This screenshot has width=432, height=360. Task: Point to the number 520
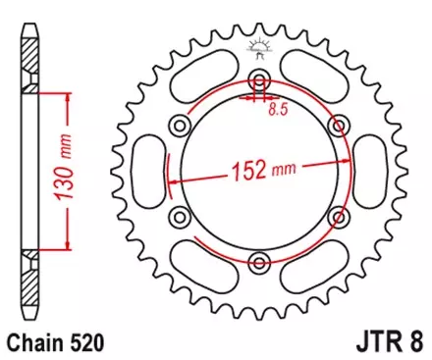(83, 343)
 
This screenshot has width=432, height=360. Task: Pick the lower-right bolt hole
(339, 216)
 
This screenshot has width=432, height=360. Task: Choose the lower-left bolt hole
(180, 216)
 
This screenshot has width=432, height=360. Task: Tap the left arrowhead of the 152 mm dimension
(174, 182)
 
